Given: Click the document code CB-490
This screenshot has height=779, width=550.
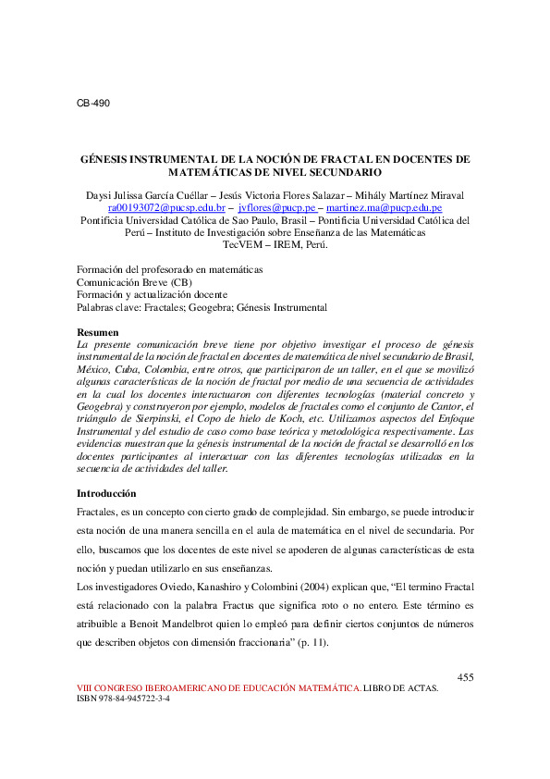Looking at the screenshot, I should [x=92, y=103].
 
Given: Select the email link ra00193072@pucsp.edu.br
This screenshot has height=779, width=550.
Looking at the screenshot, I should [x=166, y=209].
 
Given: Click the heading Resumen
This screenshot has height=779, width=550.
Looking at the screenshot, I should [x=97, y=331].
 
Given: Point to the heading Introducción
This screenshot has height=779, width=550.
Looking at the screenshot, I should [x=105, y=493].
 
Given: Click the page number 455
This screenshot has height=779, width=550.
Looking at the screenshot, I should [x=466, y=678].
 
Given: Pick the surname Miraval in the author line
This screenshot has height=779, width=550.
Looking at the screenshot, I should [x=444, y=196].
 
